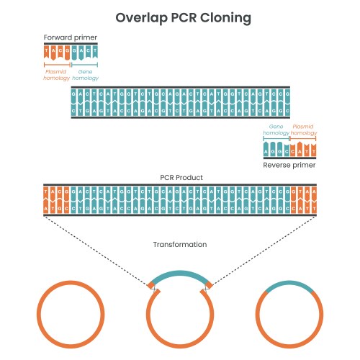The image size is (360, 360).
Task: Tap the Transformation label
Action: [180, 245]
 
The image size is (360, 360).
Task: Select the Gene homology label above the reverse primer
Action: [276, 129]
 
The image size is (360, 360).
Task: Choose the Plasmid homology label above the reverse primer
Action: [303, 129]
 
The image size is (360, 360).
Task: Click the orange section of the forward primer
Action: [57, 52]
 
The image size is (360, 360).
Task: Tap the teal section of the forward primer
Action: [86, 52]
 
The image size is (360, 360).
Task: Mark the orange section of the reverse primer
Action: [303, 150]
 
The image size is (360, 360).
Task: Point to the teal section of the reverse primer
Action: [276, 150]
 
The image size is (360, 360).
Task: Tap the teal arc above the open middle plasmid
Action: [180, 276]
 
